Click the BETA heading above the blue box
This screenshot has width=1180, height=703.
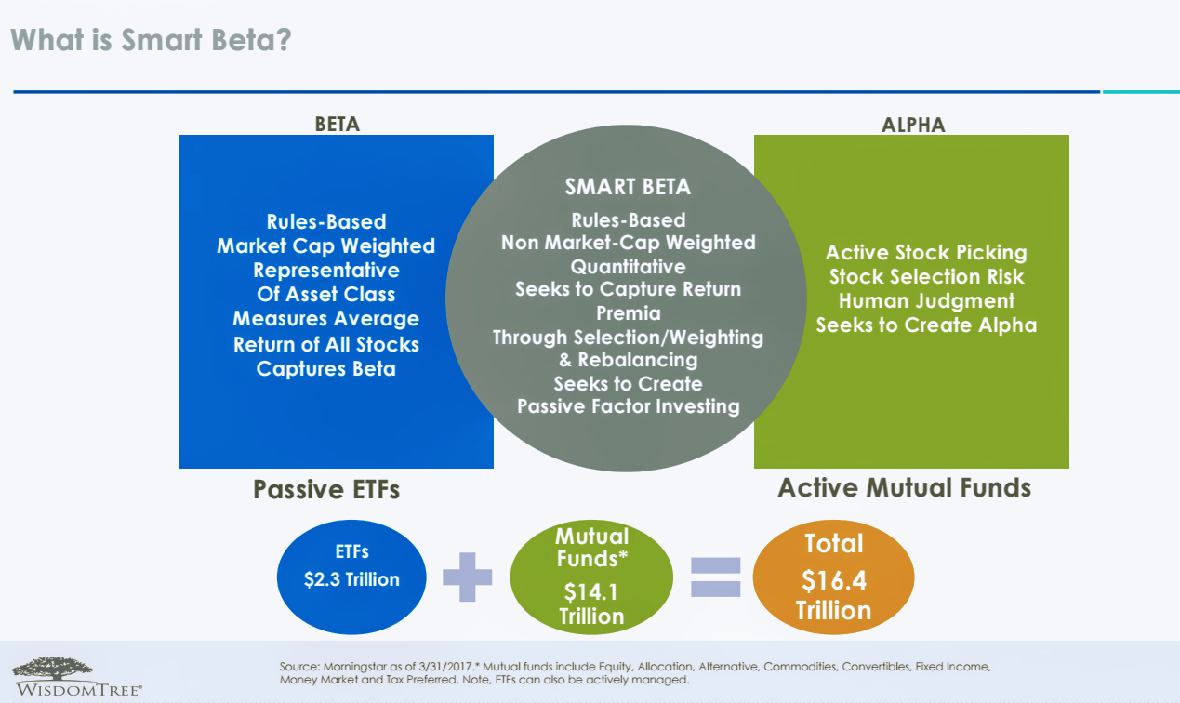click(337, 124)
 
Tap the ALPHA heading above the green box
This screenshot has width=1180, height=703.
click(912, 125)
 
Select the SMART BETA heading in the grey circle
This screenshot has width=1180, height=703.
click(628, 187)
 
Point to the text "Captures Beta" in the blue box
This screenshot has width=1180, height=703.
click(325, 368)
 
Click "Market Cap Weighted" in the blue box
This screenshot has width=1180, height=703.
click(325, 246)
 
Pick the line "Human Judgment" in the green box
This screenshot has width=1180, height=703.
click(926, 301)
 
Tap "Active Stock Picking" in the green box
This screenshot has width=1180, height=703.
click(926, 253)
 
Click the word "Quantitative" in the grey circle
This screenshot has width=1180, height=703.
click(628, 267)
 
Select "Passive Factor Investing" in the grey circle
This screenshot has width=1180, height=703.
click(628, 406)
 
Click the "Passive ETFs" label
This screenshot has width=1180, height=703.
click(326, 489)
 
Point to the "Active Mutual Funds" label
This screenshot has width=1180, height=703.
click(904, 487)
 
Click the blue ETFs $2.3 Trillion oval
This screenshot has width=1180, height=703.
click(351, 567)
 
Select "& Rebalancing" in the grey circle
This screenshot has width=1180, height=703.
click(628, 360)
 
